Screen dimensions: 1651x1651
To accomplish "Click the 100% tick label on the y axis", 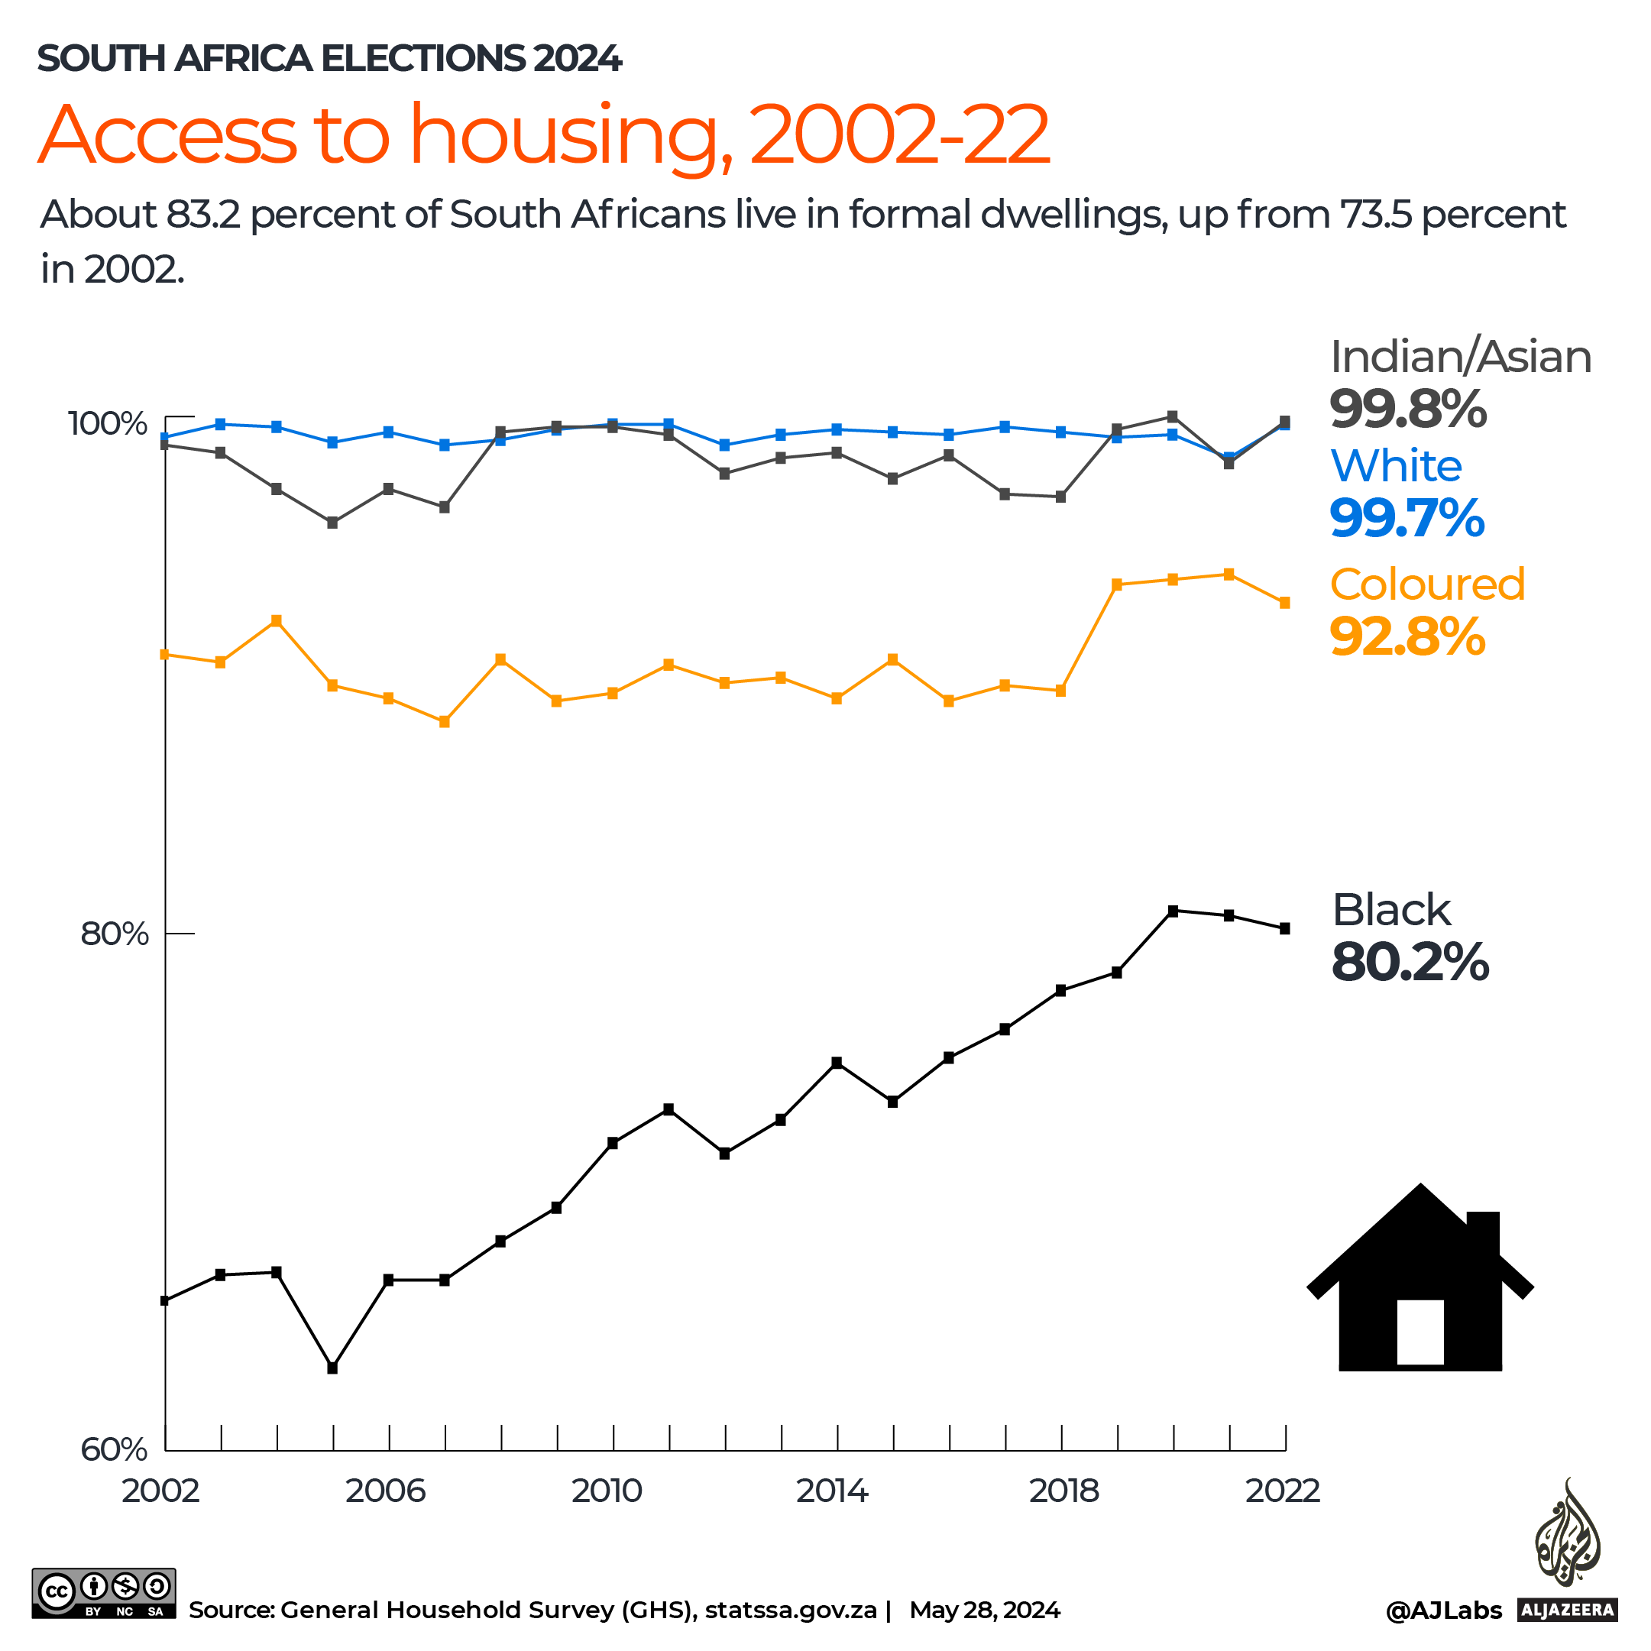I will pyautogui.click(x=108, y=424).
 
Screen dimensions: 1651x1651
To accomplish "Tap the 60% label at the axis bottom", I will pyautogui.click(x=115, y=1449).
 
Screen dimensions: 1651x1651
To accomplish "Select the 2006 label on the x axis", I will pyautogui.click(x=385, y=1491).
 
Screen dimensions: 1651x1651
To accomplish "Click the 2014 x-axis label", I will pyautogui.click(x=831, y=1491).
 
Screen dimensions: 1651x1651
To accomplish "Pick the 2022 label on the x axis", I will pyautogui.click(x=1282, y=1491).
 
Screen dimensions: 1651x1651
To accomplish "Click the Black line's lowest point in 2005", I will pyautogui.click(x=332, y=1368).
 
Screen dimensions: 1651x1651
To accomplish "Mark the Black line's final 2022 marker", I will pyautogui.click(x=1284, y=929).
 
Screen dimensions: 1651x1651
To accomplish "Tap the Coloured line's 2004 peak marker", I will pyautogui.click(x=276, y=620).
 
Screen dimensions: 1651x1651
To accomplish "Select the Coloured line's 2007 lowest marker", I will pyautogui.click(x=445, y=722).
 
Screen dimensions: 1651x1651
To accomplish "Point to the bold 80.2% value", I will pyautogui.click(x=1410, y=962).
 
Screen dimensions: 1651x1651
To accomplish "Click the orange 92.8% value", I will pyautogui.click(x=1407, y=636).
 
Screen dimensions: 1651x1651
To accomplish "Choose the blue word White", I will pyautogui.click(x=1396, y=467).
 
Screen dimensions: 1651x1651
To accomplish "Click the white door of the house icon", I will pyautogui.click(x=1420, y=1332).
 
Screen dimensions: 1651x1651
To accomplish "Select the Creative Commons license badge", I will pyautogui.click(x=103, y=1594).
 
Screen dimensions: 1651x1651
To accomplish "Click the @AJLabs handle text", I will pyautogui.click(x=1442, y=1611).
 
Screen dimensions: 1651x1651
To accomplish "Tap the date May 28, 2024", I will pyautogui.click(x=985, y=1611).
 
